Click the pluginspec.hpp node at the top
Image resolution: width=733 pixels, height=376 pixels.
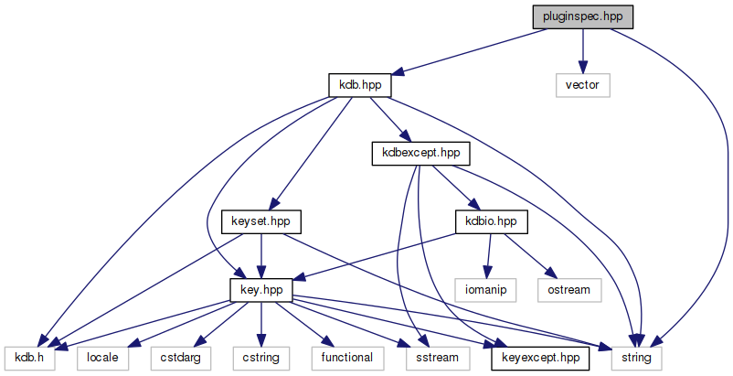[583, 16]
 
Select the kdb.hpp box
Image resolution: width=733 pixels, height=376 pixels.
[360, 85]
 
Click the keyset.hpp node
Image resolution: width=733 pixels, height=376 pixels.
[261, 221]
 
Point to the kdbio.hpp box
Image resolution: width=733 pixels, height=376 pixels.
[492, 221]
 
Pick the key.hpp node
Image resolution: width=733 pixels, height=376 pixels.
[261, 289]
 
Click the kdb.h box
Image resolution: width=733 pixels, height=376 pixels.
[29, 358]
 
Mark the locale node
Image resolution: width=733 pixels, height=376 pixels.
[102, 358]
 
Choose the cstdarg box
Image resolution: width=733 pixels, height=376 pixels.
[181, 358]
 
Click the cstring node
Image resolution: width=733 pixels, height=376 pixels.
[261, 358]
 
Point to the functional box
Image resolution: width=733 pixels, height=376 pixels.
[346, 358]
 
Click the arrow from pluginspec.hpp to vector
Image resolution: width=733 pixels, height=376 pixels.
[583, 50]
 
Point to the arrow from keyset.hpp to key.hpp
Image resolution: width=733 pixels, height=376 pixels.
[261, 255]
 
